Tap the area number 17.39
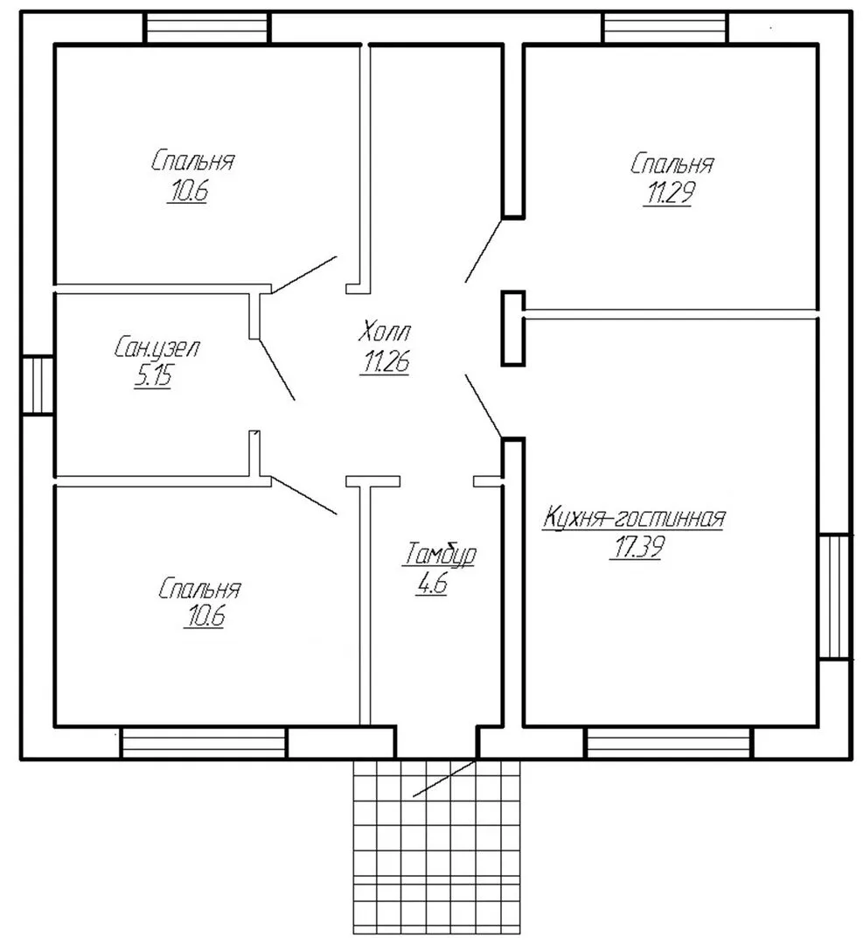tap(637, 547)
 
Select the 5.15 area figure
tap(153, 376)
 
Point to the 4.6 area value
tap(431, 584)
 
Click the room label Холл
tap(384, 332)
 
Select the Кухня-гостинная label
tap(634, 518)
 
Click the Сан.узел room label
tap(156, 347)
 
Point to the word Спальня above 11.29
tap(672, 164)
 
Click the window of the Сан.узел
tap(38, 385)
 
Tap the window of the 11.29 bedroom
tap(666, 28)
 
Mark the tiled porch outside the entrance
tap(436, 846)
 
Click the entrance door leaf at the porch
tap(444, 779)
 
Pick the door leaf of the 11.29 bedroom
tap(484, 251)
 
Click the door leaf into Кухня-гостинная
tap(484, 406)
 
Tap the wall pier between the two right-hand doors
tap(513, 328)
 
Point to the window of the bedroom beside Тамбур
tap(204, 743)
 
